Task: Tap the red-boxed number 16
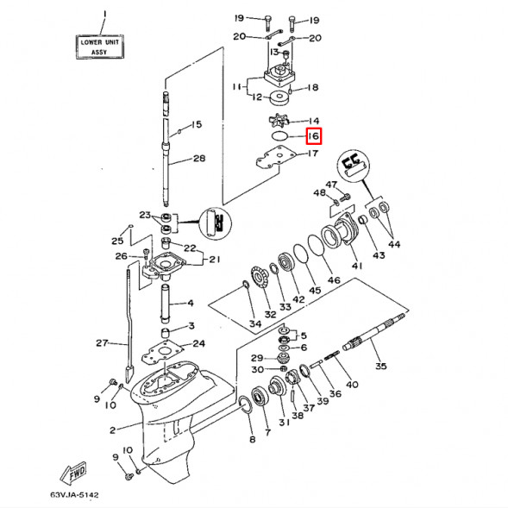[313, 136]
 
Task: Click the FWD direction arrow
[72, 474]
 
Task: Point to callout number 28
[199, 159]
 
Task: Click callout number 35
[380, 366]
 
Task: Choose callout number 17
[314, 154]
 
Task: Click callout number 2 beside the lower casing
[112, 430]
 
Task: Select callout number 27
[102, 343]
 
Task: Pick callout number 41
[356, 267]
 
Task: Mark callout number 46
[333, 280]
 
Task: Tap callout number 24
[199, 344]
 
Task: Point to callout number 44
[393, 245]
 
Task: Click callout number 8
[252, 440]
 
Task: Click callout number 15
[196, 125]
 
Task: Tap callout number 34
[254, 323]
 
